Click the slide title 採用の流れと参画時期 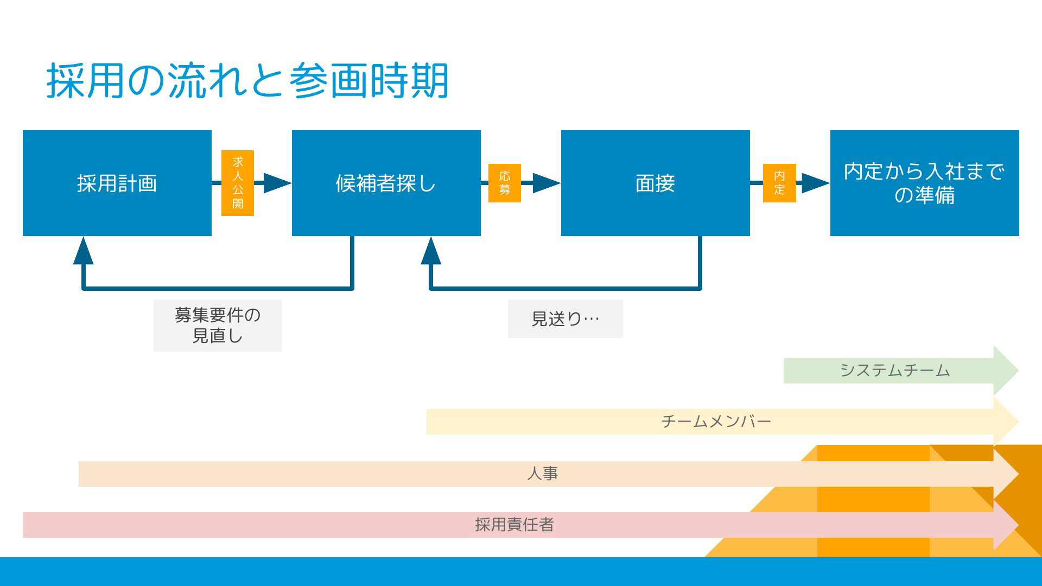pyautogui.click(x=247, y=80)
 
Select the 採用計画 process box pyautogui.click(x=117, y=183)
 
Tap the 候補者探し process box pyautogui.click(x=386, y=183)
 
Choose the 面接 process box pyautogui.click(x=656, y=183)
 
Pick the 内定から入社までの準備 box pyautogui.click(x=925, y=183)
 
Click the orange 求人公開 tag pyautogui.click(x=238, y=183)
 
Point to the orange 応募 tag pyautogui.click(x=505, y=183)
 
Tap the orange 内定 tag pyautogui.click(x=779, y=183)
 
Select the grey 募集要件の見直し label pyautogui.click(x=218, y=326)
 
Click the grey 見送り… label pyautogui.click(x=566, y=319)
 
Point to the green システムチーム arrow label pyautogui.click(x=895, y=371)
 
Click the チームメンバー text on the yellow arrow pyautogui.click(x=716, y=422)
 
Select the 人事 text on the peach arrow pyautogui.click(x=542, y=474)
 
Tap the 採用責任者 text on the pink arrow pyautogui.click(x=514, y=525)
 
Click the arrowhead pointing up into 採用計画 pyautogui.click(x=84, y=251)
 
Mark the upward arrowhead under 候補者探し pyautogui.click(x=431, y=251)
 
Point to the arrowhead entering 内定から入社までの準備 pyautogui.click(x=816, y=183)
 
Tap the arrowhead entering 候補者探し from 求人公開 pyautogui.click(x=277, y=183)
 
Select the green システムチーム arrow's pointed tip pyautogui.click(x=1018, y=371)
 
